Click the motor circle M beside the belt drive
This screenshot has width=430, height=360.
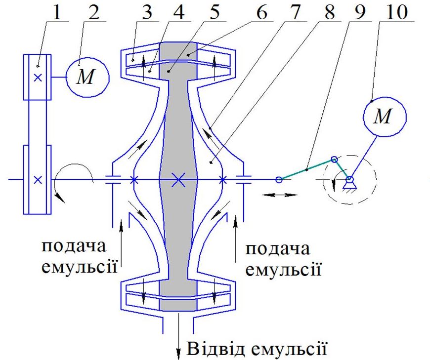87,78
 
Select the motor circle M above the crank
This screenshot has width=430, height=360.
385,117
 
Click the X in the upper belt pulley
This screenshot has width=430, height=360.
38,78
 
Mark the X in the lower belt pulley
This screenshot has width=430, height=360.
38,180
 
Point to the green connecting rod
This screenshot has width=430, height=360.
306,169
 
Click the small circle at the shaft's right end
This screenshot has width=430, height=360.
279,179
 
